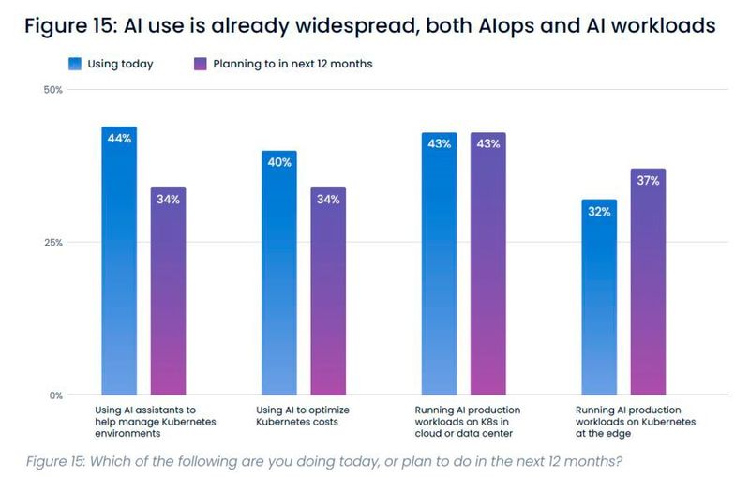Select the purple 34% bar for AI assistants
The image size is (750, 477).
[x=168, y=291]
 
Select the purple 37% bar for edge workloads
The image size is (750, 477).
[x=648, y=281]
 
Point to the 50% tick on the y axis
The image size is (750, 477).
[x=53, y=90]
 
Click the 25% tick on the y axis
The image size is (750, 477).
[x=53, y=243]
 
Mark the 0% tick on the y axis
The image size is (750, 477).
[x=55, y=395]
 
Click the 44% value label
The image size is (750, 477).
[x=119, y=139]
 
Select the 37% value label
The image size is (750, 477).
[x=648, y=181]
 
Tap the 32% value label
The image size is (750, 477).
[x=599, y=212]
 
